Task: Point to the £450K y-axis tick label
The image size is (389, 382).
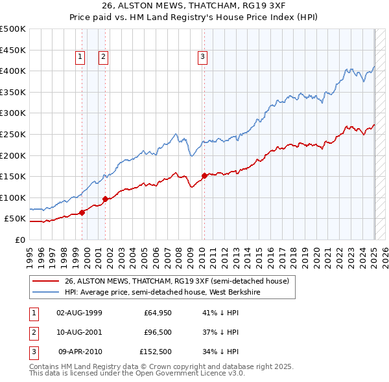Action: tap(14, 50)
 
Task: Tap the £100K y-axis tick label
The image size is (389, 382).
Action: tap(14, 197)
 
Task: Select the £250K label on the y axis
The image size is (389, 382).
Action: tap(14, 134)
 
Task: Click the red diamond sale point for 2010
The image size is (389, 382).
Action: tap(204, 175)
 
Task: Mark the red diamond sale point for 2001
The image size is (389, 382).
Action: tap(105, 199)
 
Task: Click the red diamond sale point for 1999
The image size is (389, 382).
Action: tap(82, 212)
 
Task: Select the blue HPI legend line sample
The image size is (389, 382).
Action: tap(45, 292)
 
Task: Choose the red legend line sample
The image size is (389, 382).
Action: tap(45, 281)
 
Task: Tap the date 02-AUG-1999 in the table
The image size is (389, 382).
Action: tap(79, 313)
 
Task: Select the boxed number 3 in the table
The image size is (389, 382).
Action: tap(32, 353)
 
